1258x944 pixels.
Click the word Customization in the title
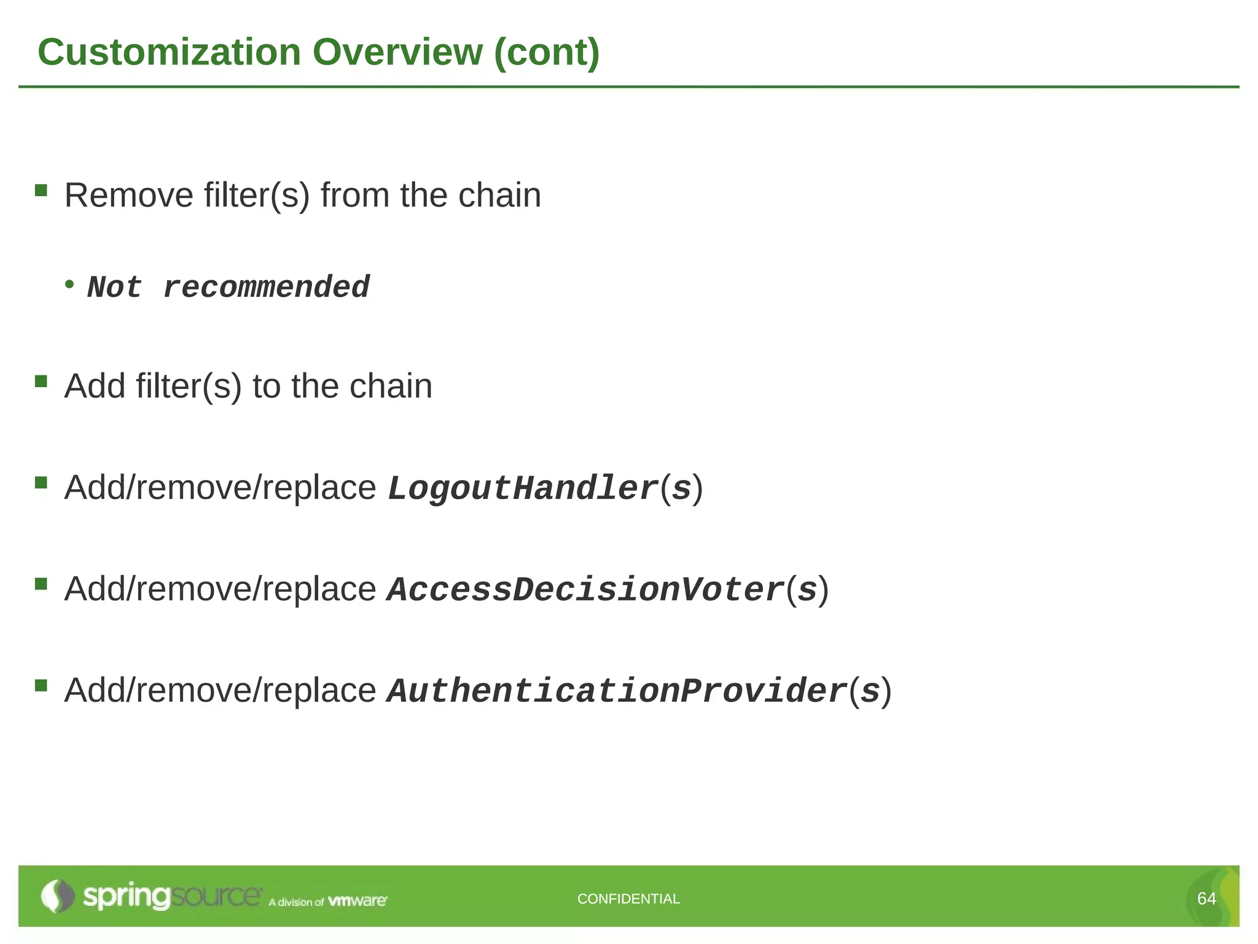pyautogui.click(x=169, y=52)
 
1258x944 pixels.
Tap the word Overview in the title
pyautogui.click(x=397, y=52)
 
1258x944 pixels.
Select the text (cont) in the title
pyautogui.click(x=547, y=53)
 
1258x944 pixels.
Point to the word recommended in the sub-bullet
pyautogui.click(x=266, y=288)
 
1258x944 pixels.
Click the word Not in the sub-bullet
pyautogui.click(x=115, y=288)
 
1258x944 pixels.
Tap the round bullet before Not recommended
pyautogui.click(x=69, y=284)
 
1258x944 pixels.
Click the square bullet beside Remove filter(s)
pyautogui.click(x=41, y=190)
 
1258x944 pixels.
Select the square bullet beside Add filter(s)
pyautogui.click(x=41, y=382)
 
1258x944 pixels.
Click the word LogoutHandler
pyautogui.click(x=523, y=489)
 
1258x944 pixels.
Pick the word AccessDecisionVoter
pyautogui.click(x=586, y=590)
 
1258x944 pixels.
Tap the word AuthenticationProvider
pyautogui.click(x=617, y=691)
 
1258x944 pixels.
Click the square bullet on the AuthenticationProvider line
pyautogui.click(x=41, y=685)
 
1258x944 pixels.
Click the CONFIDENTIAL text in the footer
pyautogui.click(x=628, y=899)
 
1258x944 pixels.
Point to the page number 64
pyautogui.click(x=1206, y=899)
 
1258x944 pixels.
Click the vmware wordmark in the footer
pyautogui.click(x=357, y=901)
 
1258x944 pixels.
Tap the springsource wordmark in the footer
pyautogui.click(x=172, y=896)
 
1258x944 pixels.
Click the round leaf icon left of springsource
pyautogui.click(x=57, y=896)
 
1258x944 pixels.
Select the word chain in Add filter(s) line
pyautogui.click(x=391, y=387)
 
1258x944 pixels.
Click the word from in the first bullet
pyautogui.click(x=355, y=195)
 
